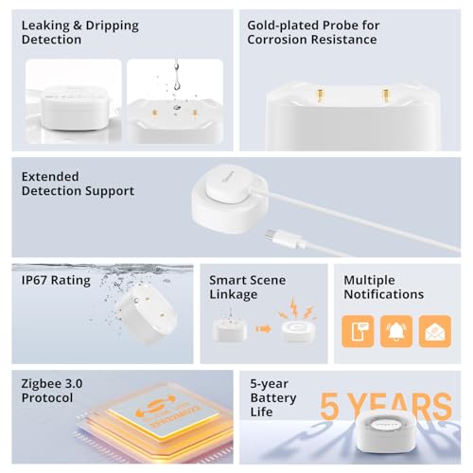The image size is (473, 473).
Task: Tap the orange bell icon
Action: (x=396, y=331)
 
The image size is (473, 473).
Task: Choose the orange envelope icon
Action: (x=434, y=331)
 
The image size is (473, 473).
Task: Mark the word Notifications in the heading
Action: (x=383, y=294)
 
